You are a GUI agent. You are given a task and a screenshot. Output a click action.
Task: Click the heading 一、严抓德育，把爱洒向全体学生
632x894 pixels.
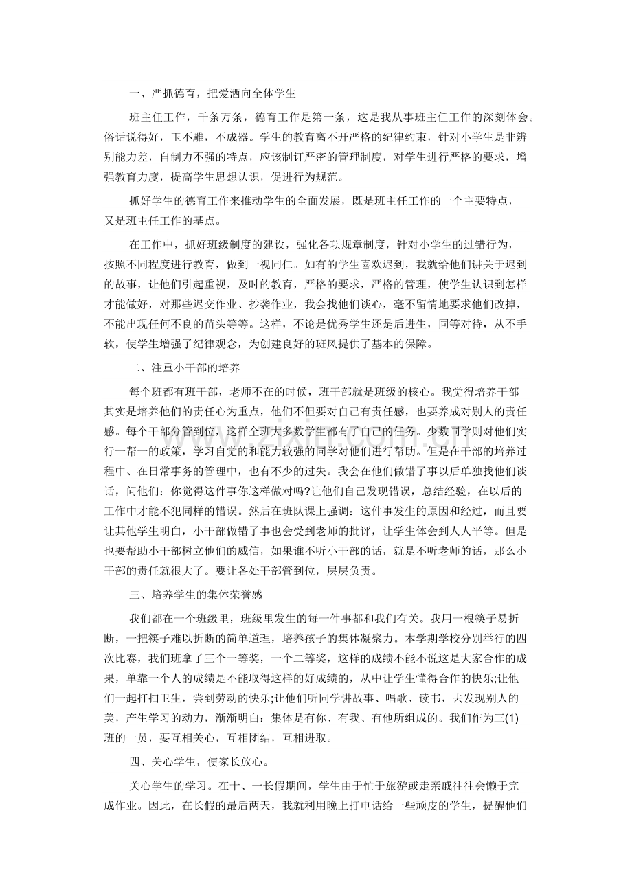coord(212,91)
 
